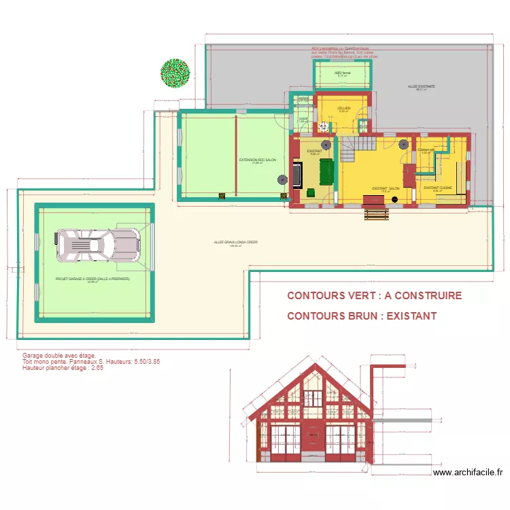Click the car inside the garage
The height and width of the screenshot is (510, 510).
[99, 244]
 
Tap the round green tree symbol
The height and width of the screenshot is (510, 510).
[175, 73]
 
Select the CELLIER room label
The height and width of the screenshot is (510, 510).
[343, 108]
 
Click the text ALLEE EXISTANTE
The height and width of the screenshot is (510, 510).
[422, 86]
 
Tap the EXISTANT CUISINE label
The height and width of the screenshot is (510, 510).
[437, 188]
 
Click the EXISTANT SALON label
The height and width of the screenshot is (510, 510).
[385, 188]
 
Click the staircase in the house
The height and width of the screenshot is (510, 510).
[358, 147]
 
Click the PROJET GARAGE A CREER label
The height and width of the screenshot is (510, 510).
[92, 279]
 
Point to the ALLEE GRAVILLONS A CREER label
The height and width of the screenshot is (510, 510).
[235, 242]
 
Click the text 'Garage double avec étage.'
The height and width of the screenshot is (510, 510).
[59, 356]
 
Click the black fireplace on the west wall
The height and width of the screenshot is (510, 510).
[298, 173]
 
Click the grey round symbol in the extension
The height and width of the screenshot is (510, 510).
[282, 180]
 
